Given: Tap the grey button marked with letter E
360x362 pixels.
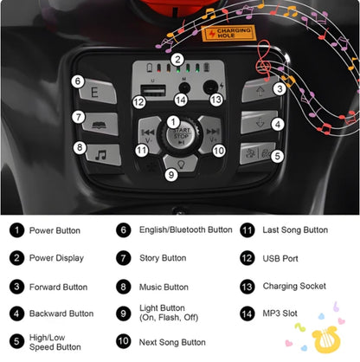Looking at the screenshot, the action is click(98, 92).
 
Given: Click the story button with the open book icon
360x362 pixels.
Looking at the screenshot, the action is click(100, 124).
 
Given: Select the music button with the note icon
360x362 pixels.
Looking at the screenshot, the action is click(103, 155).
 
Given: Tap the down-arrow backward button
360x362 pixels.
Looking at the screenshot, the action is click(260, 122).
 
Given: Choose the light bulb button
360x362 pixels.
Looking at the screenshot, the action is click(181, 163).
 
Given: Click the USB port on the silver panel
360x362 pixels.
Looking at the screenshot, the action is click(153, 91).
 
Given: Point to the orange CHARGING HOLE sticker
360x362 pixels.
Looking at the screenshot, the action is click(228, 33).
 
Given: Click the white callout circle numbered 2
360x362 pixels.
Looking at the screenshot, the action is click(177, 60).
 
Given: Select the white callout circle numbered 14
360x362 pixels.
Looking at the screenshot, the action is click(181, 100).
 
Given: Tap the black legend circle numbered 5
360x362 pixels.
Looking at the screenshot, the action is click(16, 341).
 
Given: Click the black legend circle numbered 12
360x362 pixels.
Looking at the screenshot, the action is click(247, 258).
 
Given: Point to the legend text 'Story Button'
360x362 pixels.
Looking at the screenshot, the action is click(163, 258).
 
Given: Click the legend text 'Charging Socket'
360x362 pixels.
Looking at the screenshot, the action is click(294, 287).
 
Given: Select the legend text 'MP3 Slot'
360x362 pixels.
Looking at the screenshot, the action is click(280, 314).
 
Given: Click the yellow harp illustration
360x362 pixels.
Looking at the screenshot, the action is click(326, 339).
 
